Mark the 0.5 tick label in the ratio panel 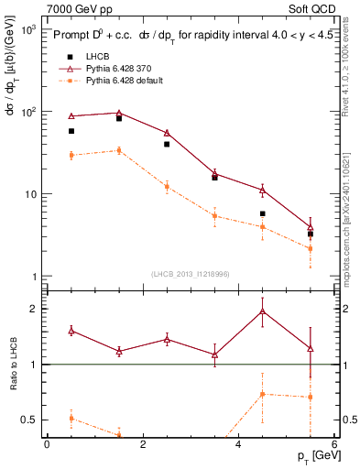click(27, 420)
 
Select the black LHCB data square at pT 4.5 click(263, 213)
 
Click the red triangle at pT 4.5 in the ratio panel click(263, 311)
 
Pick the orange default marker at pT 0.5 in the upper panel click(71, 156)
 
